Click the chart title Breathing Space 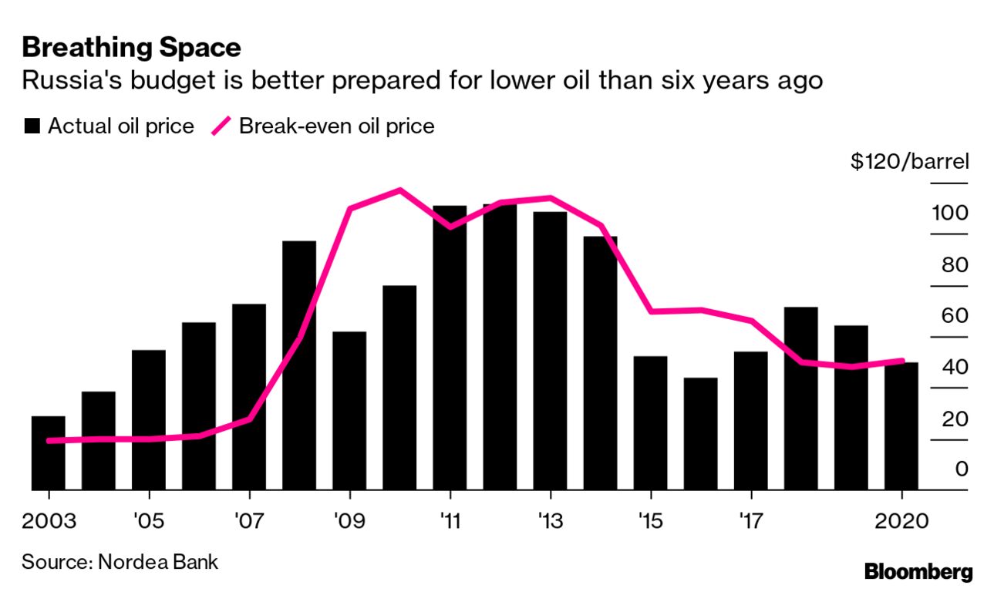coord(131,48)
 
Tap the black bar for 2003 coord(48,452)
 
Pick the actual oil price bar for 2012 coord(500,347)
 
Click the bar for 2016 coord(700,433)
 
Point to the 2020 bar coord(901,425)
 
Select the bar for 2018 coord(800,398)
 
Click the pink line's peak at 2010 coord(399,190)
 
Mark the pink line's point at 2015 coord(651,311)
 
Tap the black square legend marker coord(32,126)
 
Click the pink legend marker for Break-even coord(221,126)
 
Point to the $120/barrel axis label coord(909,163)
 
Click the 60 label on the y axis coord(952,316)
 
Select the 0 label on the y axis coord(961,469)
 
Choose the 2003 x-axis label coord(49,521)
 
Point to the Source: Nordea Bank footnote coord(120,561)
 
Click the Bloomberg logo coord(918,572)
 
